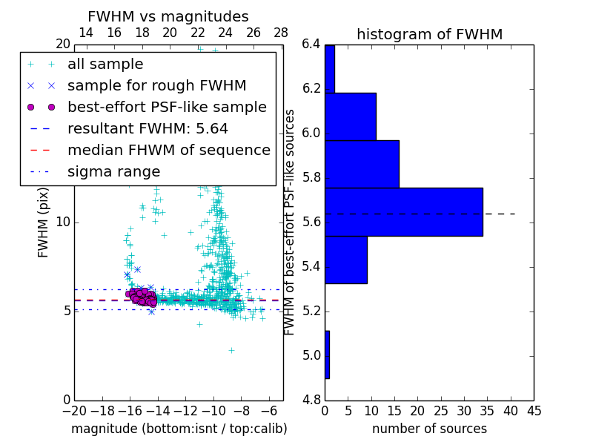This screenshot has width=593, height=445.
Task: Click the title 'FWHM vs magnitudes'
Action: [x=168, y=17]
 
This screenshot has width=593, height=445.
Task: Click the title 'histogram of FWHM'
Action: [x=429, y=35]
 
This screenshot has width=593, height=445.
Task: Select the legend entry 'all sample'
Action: [x=105, y=65]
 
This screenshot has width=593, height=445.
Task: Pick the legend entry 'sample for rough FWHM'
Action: [x=157, y=86]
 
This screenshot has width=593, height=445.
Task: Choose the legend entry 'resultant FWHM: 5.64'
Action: [x=148, y=129]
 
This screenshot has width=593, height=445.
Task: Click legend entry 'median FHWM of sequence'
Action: [x=168, y=151]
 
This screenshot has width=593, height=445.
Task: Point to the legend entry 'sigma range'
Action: [x=113, y=172]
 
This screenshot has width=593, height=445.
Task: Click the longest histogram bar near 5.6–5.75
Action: [x=403, y=212]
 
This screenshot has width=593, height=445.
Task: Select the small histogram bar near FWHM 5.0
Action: [x=327, y=355]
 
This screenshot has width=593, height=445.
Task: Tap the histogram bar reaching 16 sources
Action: [x=362, y=164]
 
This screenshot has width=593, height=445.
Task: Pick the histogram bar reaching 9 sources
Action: [x=345, y=260]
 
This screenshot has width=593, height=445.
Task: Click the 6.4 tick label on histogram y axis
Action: [x=311, y=45]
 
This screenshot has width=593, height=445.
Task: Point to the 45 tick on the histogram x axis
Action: [x=533, y=411]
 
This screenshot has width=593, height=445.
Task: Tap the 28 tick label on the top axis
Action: [x=281, y=33]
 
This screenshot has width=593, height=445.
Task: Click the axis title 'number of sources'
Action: [x=429, y=429]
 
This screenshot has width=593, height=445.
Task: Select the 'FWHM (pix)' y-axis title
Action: [x=44, y=222]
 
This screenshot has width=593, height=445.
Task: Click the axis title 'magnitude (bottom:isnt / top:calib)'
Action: [x=179, y=429]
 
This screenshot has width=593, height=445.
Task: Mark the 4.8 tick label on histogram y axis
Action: [x=311, y=400]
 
